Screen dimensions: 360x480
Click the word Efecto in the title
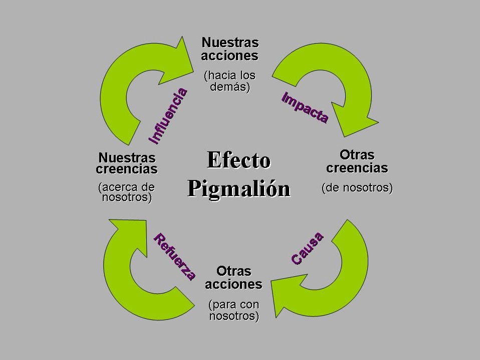pos(238,160)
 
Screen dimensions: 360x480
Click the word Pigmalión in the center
pos(239,189)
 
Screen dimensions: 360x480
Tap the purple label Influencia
pos(168,115)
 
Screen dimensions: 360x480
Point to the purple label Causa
pos(308,249)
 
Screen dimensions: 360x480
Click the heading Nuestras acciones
pos(229,49)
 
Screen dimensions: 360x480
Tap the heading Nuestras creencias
pos(127,163)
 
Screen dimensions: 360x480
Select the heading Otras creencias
pos(357,161)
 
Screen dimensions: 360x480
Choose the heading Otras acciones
pos(233,278)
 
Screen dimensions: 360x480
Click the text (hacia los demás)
pos(229,81)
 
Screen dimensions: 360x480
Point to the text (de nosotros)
pos(357,189)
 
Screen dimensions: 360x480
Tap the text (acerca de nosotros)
pos(127,192)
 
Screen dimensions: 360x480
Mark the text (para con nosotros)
pos(233,310)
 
